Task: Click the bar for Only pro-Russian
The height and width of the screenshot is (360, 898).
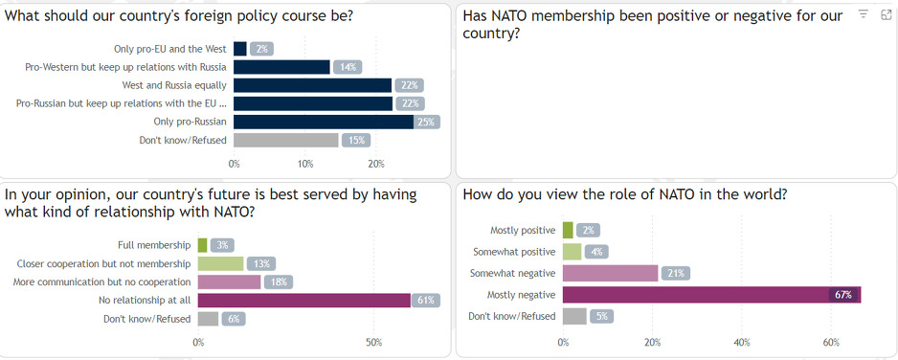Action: point(323,122)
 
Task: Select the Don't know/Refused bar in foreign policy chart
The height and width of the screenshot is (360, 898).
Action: point(285,140)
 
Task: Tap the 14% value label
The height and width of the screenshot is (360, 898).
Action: point(346,67)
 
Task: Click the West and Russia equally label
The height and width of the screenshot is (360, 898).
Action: point(174,85)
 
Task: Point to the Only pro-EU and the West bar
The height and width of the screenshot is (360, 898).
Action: point(239,49)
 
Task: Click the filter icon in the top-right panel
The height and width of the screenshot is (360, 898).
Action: point(864,14)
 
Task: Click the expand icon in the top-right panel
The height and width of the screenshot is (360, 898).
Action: point(885,14)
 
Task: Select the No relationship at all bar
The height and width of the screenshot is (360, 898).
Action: point(303,301)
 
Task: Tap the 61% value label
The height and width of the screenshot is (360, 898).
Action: point(426,301)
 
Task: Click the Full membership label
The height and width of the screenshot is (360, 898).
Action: point(153,245)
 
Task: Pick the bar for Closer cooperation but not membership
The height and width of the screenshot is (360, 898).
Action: point(220,263)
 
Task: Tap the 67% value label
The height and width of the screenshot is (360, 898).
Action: point(843,295)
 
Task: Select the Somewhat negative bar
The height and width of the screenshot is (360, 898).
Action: point(610,273)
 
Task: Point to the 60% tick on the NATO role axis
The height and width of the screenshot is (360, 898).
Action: point(830,342)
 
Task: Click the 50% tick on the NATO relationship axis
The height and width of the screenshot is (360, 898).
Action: point(373,342)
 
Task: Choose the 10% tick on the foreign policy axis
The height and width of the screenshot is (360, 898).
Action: point(304,163)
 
